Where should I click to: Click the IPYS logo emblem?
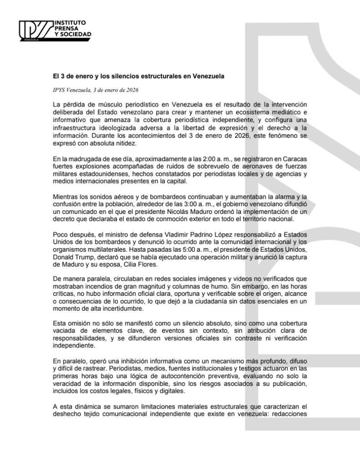(x=35, y=31)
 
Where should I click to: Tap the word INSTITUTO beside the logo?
(x=69, y=22)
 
